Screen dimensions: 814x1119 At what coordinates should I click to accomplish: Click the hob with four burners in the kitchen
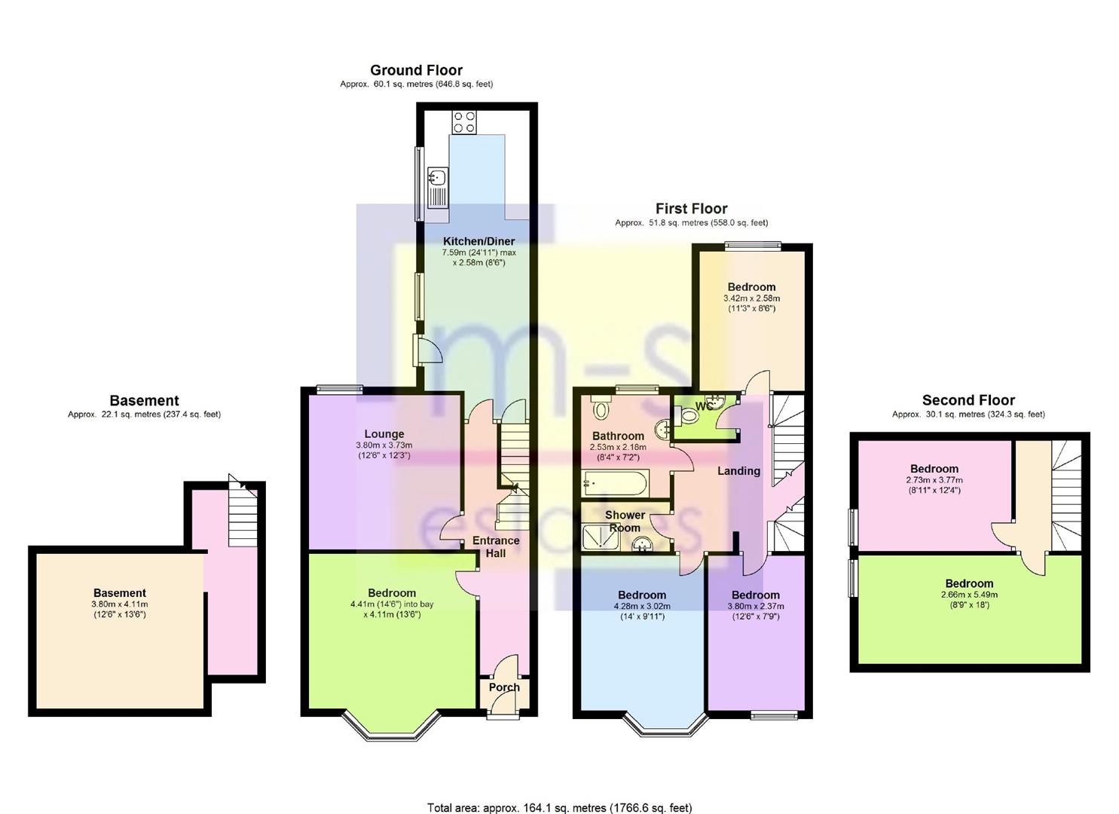[464, 122]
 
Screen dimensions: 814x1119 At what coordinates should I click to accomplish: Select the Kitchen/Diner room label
[478, 241]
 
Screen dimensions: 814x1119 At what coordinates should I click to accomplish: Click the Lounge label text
[384, 434]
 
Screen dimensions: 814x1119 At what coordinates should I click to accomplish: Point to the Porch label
[504, 687]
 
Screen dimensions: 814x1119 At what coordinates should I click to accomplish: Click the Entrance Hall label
[496, 546]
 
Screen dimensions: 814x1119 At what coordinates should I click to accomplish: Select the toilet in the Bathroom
[601, 410]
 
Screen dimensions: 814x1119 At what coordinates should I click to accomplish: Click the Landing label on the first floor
[738, 471]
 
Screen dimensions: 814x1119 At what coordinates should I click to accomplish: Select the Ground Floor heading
[416, 71]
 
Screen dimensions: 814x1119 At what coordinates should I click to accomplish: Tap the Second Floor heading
[968, 400]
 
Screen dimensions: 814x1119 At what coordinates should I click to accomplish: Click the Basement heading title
[144, 401]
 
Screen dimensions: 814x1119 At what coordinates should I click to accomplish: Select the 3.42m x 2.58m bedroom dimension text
[751, 298]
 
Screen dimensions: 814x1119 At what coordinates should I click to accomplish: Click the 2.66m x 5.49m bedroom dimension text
[969, 595]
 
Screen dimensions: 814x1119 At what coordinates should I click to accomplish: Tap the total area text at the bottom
[559, 808]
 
